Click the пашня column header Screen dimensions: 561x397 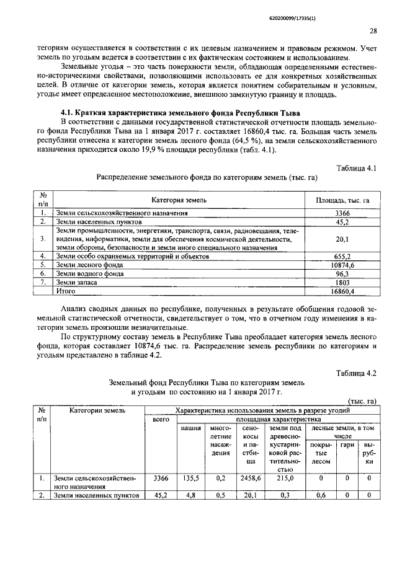pyautogui.click(x=191, y=428)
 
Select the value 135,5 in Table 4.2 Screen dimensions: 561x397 pyautogui.click(x=191, y=478)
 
